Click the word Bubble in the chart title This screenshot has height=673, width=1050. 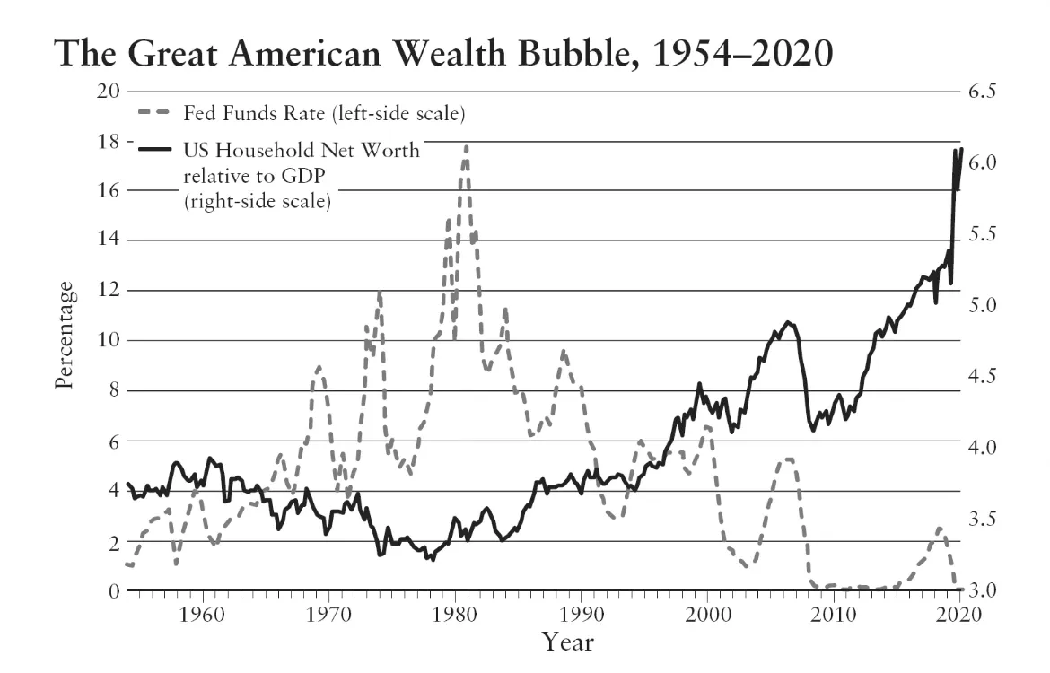(521, 55)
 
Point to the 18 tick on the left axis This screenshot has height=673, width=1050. (107, 141)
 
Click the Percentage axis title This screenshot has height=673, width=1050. (64, 334)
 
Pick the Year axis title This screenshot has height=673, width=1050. (566, 642)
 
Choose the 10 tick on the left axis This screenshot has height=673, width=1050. (107, 341)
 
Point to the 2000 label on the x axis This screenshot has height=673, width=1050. (709, 616)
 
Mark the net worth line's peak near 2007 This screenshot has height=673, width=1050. (788, 322)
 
